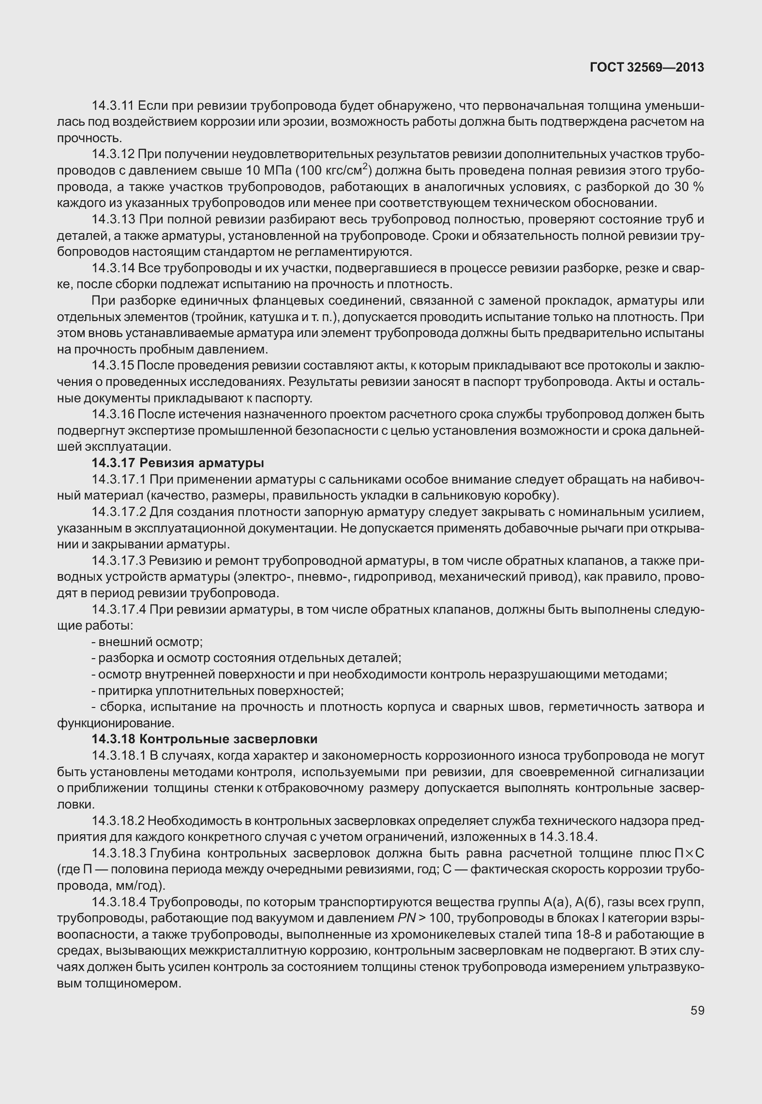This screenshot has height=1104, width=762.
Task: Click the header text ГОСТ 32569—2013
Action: (646, 68)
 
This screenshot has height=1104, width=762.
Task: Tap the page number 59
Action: (697, 1011)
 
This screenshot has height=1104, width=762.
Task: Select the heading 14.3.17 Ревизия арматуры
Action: (178, 463)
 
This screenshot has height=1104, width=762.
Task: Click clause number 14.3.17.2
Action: (119, 512)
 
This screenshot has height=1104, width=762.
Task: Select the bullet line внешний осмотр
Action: (147, 642)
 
